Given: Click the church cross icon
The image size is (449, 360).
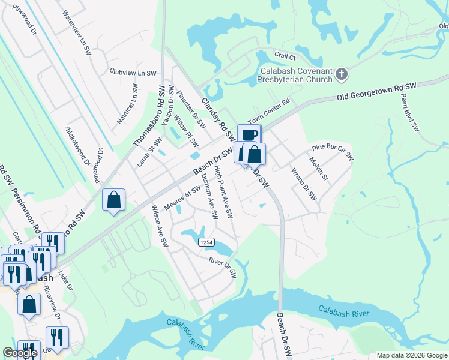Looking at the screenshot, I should pyautogui.click(x=341, y=74).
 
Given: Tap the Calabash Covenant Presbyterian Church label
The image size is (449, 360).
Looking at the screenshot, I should pyautogui.click(x=295, y=75).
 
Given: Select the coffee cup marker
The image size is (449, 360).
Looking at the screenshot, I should pyautogui.click(x=249, y=135).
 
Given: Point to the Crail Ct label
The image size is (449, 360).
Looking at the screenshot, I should pyautogui.click(x=285, y=56).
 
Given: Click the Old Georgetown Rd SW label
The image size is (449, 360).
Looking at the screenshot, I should pyautogui.click(x=376, y=92).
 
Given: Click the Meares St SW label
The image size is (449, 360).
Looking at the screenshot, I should pyautogui.click(x=182, y=201).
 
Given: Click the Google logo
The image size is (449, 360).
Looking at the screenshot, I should pyautogui.click(x=20, y=353).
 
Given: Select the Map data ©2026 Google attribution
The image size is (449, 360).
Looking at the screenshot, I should pyautogui.click(x=411, y=355).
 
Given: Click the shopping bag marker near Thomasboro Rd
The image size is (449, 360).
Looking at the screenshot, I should pyautogui.click(x=114, y=200).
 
